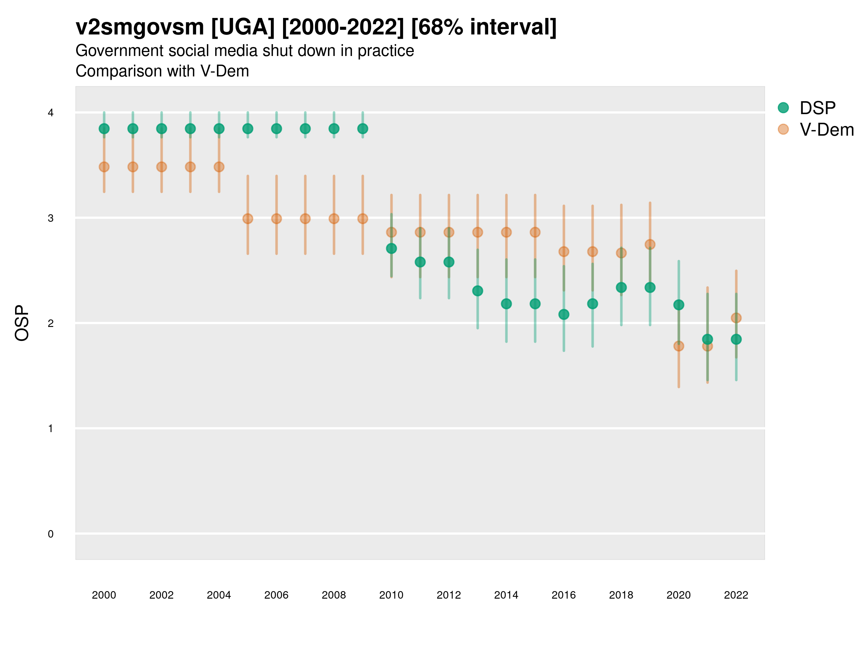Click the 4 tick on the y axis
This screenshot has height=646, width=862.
point(51,113)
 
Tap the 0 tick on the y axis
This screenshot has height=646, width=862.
point(51,534)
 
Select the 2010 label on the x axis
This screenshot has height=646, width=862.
point(391,595)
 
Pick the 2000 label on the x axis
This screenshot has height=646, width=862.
point(104,595)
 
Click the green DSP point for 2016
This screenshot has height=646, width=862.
point(564,314)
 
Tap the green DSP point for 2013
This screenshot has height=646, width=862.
point(477,291)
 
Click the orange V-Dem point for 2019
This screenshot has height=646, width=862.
point(650,244)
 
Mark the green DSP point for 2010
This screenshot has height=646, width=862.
point(391,248)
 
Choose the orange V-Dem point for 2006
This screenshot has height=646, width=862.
point(276,219)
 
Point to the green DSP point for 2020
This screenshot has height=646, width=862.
point(678,305)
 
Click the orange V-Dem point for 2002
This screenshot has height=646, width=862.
point(161,167)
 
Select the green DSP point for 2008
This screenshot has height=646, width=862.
point(334,128)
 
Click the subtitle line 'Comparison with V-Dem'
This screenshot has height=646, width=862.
point(162,71)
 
